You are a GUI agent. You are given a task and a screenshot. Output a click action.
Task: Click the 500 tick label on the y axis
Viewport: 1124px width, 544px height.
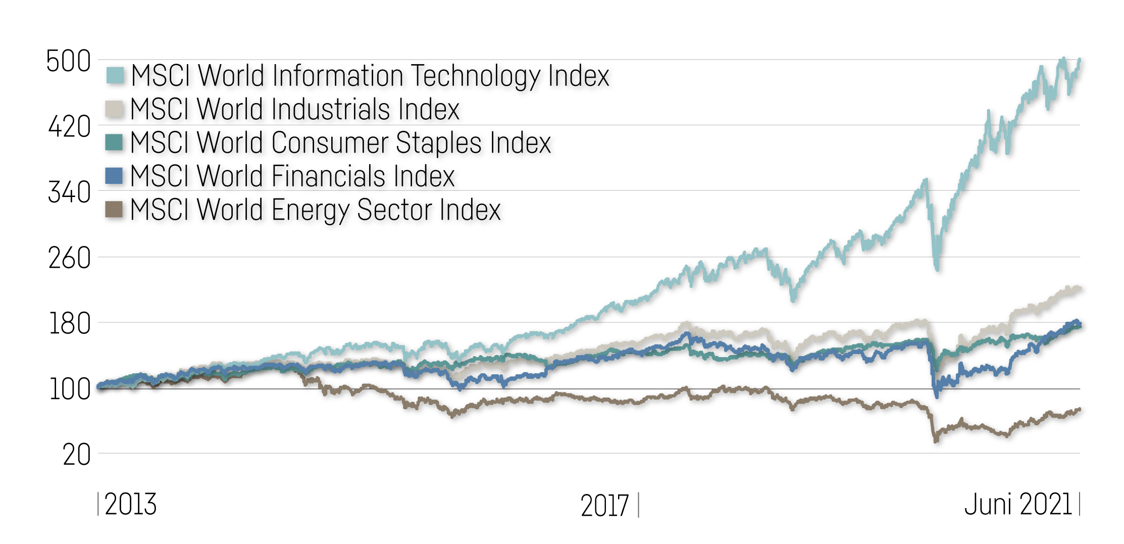[69, 62]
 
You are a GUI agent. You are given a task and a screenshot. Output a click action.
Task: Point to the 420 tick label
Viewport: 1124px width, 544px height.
[70, 127]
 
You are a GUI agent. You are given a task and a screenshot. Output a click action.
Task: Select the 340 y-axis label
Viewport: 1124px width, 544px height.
[70, 192]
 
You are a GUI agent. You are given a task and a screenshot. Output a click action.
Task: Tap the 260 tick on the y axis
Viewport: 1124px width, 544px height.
[70, 258]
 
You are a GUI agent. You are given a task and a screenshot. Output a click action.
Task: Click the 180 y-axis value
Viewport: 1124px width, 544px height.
[70, 324]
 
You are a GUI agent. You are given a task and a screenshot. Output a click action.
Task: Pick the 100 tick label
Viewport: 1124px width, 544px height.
[70, 389]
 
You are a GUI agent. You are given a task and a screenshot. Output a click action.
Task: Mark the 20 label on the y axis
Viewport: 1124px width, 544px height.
[77, 455]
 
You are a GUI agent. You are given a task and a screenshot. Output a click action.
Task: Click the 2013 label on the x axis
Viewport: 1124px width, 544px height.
[130, 504]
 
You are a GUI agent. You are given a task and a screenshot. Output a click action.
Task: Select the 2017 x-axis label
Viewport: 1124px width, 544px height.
[604, 505]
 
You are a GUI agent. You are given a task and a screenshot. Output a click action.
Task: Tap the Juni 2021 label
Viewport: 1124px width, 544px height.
[1018, 504]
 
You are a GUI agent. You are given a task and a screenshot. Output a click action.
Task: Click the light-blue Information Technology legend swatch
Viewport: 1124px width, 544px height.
[115, 75]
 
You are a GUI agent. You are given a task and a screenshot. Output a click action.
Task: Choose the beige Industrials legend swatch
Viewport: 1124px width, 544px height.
[114, 109]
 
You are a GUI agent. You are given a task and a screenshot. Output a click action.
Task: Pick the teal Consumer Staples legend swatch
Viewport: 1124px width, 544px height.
[114, 142]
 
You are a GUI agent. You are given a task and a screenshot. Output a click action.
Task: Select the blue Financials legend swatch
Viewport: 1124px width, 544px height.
[114, 176]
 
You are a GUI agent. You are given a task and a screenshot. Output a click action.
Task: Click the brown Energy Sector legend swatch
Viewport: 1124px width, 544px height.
[114, 209]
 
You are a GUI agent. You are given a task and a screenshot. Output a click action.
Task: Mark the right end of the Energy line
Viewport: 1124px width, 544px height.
[1080, 409]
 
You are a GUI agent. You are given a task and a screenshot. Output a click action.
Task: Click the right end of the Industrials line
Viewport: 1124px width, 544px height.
[1080, 288]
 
